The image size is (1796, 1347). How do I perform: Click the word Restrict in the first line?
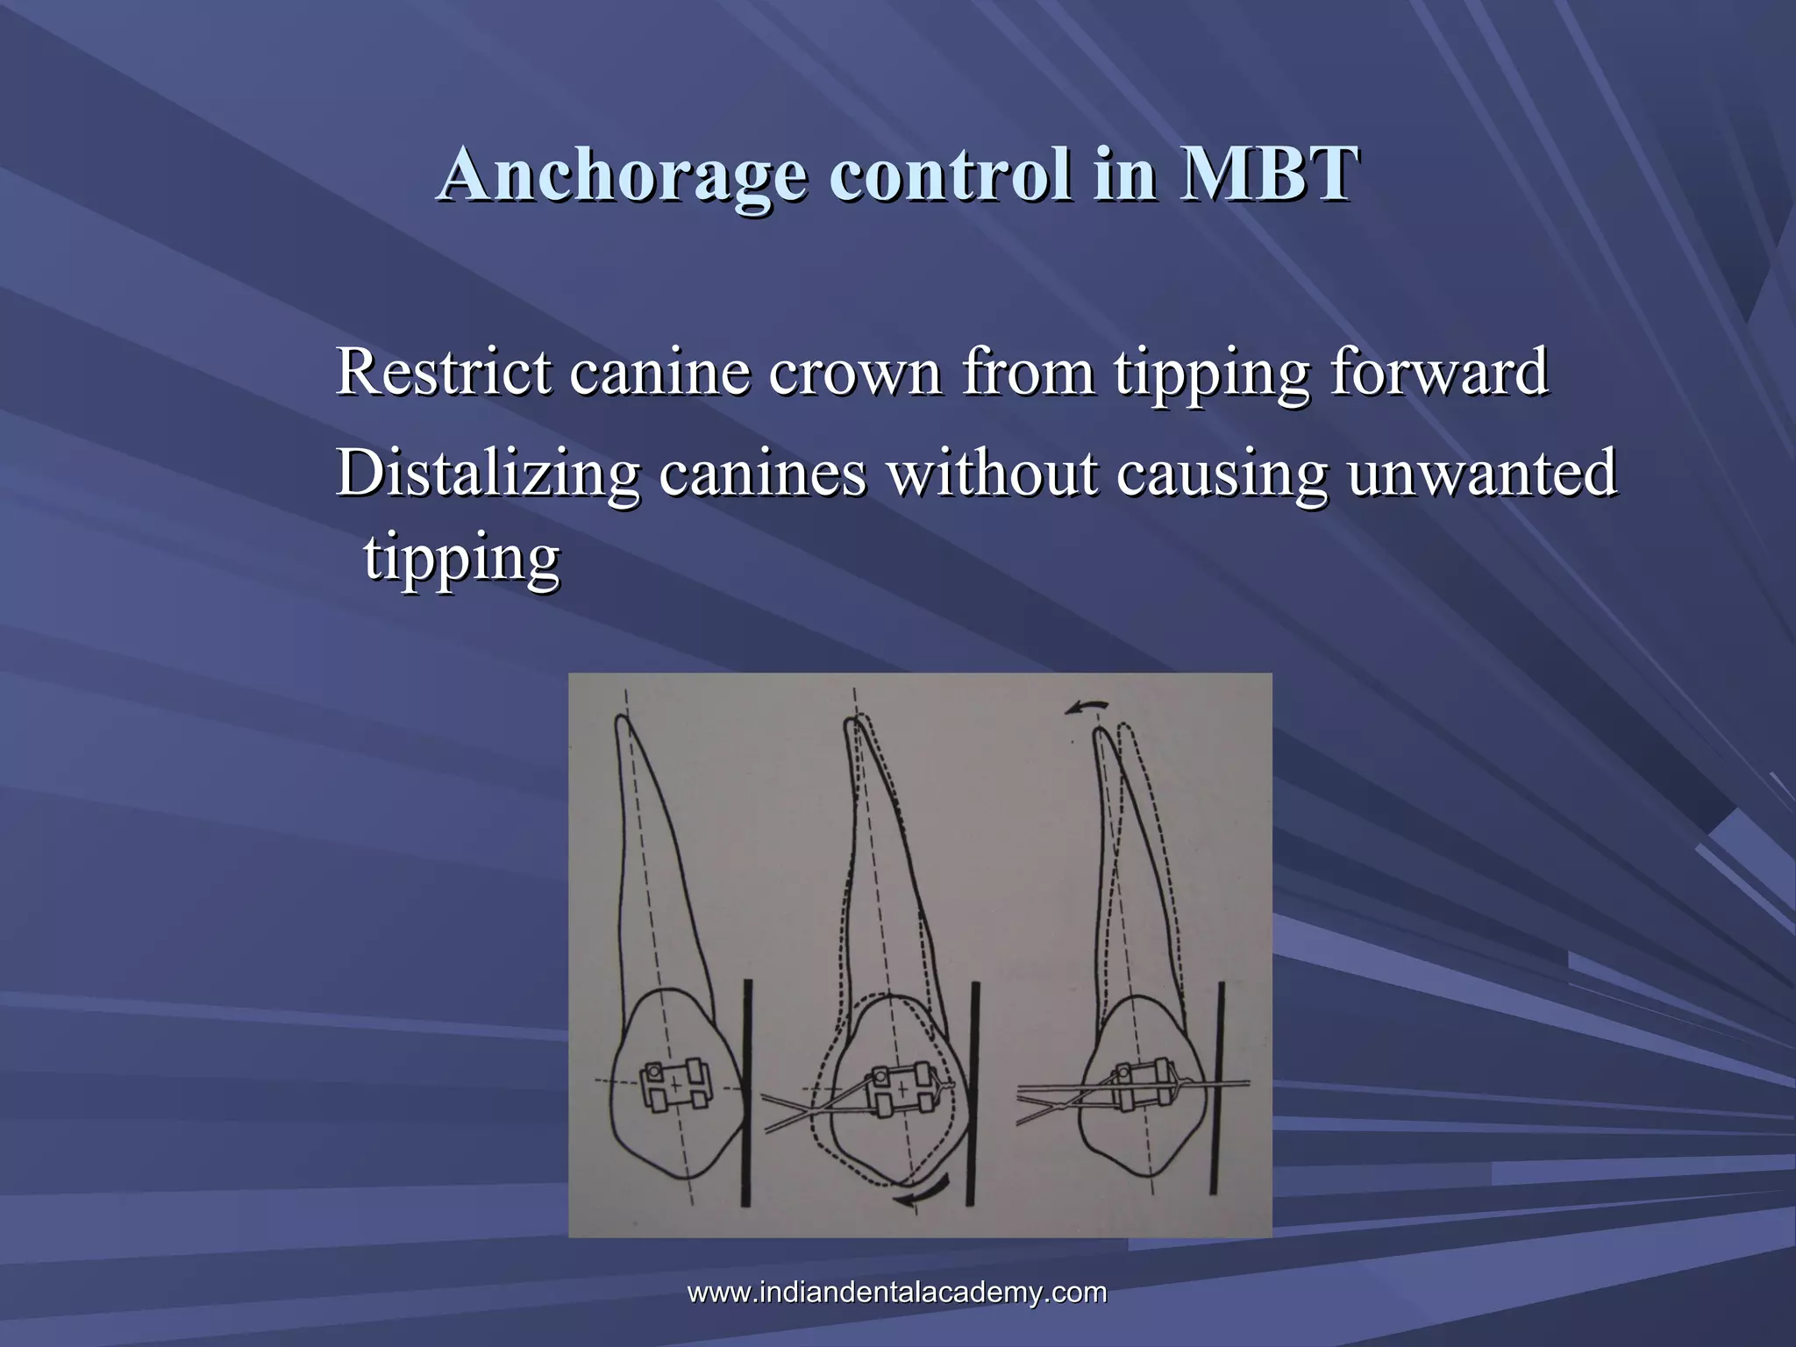pyautogui.click(x=444, y=372)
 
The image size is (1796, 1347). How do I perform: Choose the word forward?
pyautogui.click(x=1438, y=372)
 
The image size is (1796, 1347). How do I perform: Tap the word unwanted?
pyautogui.click(x=1481, y=473)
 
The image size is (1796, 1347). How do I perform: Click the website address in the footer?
pyautogui.click(x=897, y=1293)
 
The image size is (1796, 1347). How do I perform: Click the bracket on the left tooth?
pyautogui.click(x=674, y=1087)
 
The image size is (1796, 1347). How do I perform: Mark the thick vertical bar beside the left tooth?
pyautogui.click(x=746, y=1093)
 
